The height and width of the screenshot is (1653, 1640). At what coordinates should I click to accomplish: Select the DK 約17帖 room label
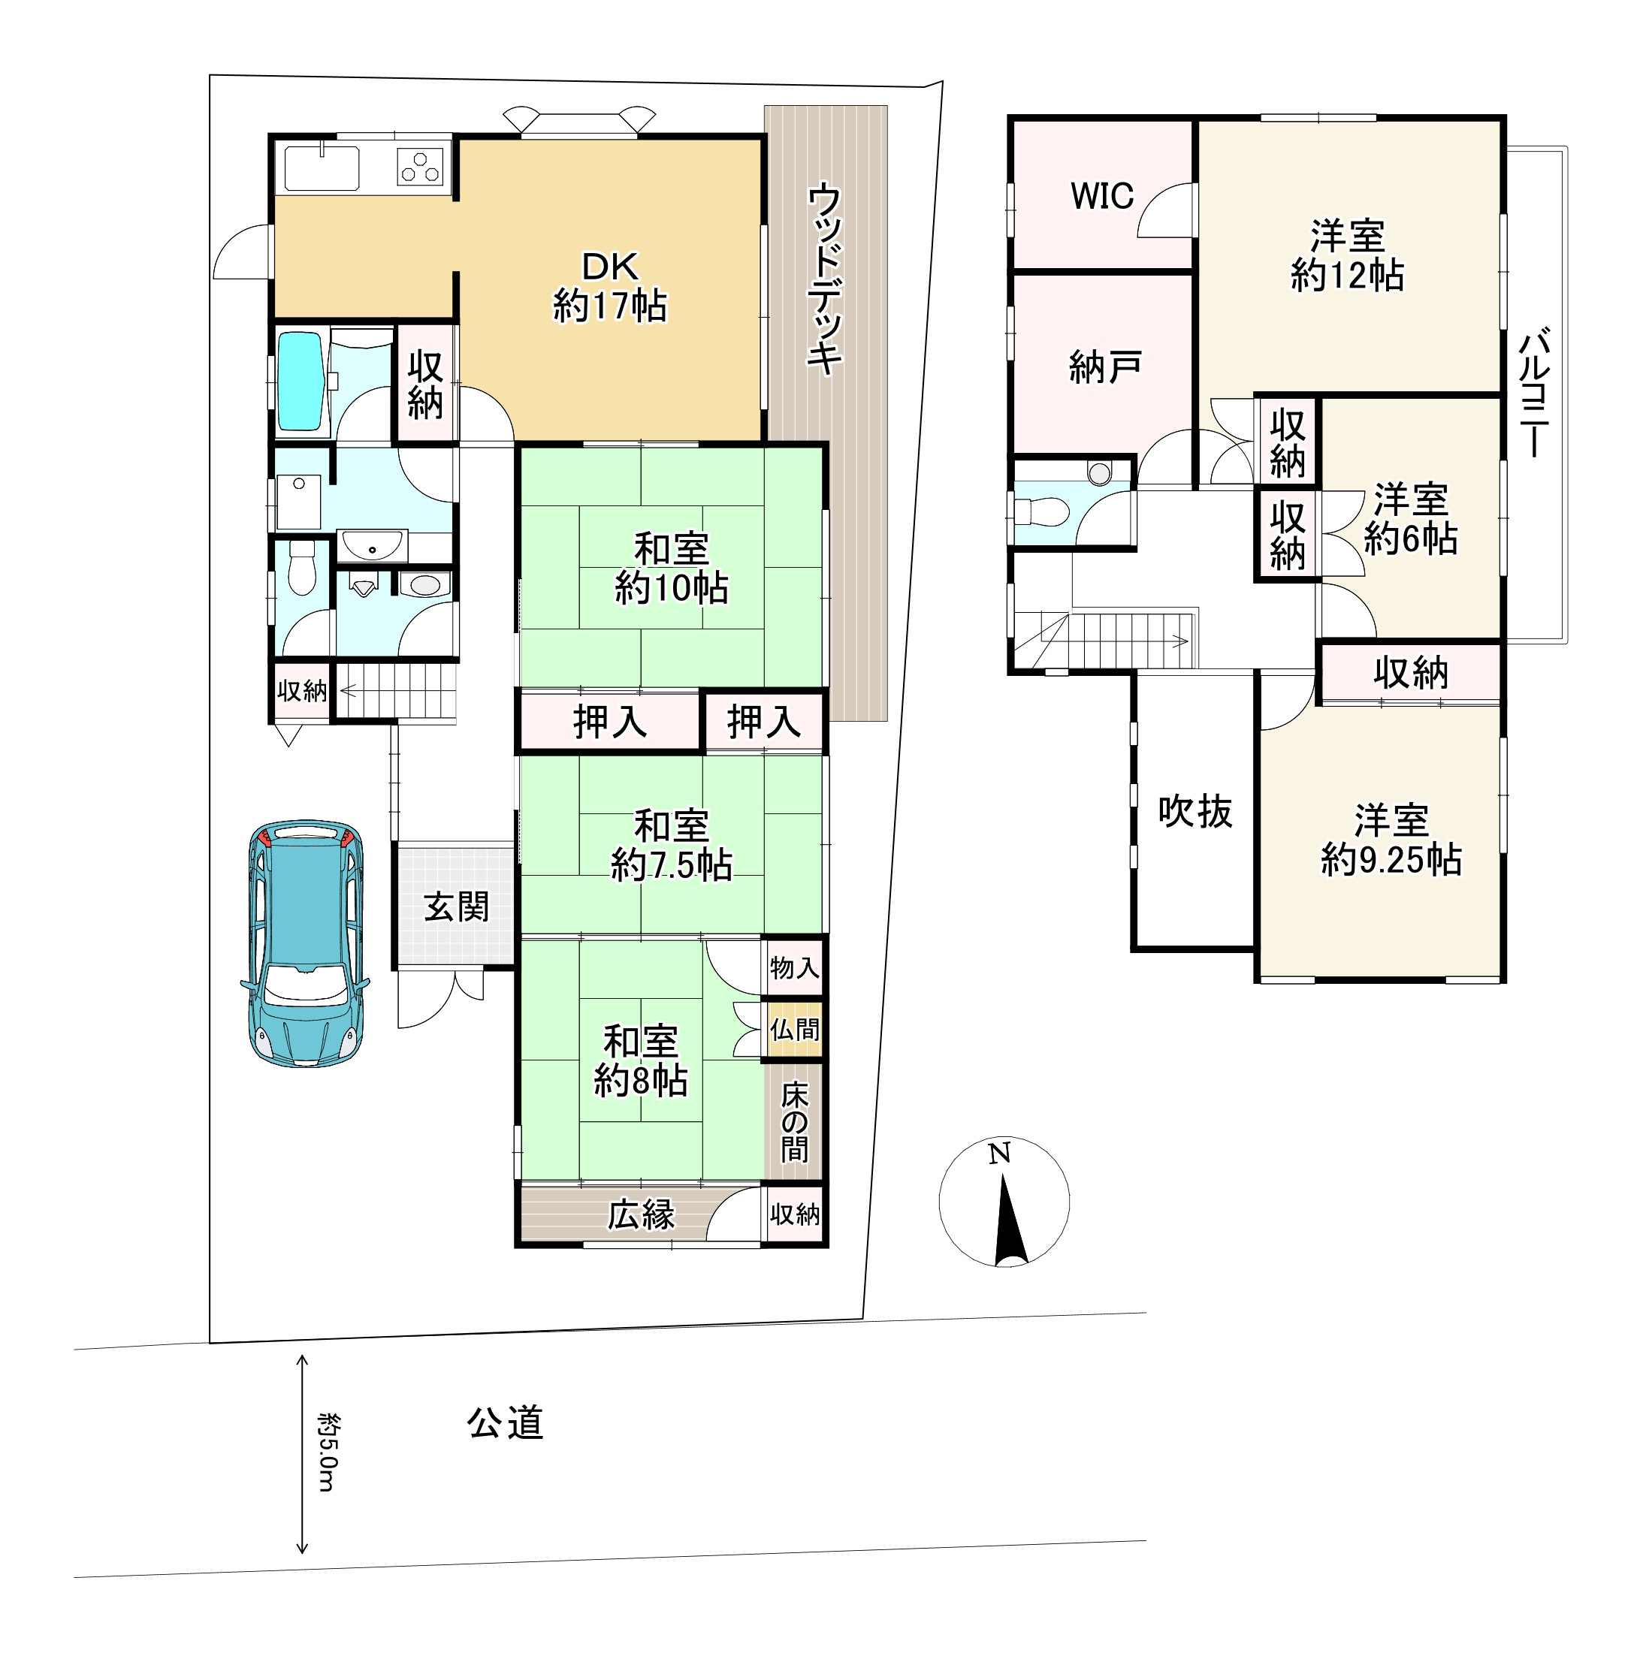pos(609,287)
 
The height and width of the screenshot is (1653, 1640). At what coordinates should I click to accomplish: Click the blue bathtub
pos(301,382)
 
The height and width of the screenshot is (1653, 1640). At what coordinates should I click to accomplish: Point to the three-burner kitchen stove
pos(421,166)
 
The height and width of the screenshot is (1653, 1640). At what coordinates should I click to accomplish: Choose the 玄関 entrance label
pos(456,907)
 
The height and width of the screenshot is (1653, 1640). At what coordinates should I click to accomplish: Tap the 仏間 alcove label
pos(794,1029)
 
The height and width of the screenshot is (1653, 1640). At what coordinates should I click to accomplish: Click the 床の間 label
pos(794,1122)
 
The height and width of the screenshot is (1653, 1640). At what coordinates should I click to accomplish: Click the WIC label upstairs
pos(1101,196)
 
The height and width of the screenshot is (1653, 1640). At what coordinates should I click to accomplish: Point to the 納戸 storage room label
pos(1104,367)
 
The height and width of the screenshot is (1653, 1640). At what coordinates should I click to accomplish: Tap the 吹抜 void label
pos(1195,811)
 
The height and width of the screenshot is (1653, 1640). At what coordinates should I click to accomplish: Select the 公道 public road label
pos(505,1423)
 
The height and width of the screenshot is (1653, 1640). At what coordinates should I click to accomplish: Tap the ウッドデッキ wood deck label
pos(825,279)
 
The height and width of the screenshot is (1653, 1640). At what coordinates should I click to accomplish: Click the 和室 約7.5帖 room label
pos(671,846)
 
